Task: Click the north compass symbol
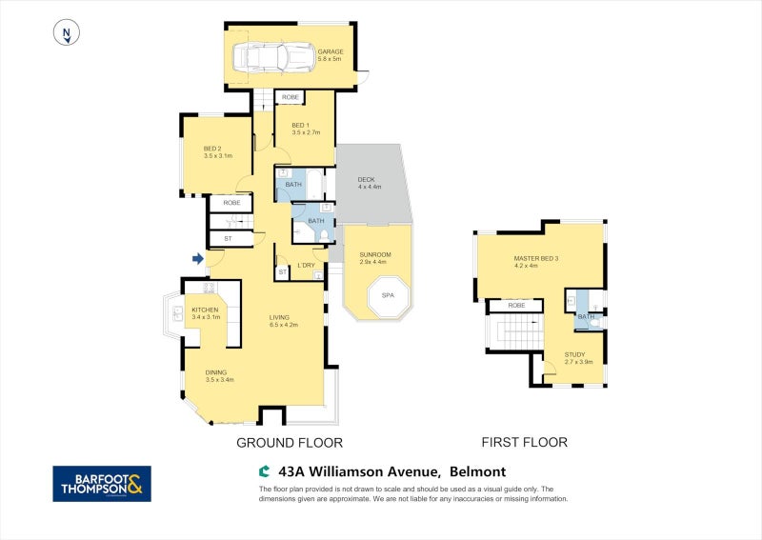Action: [65, 33]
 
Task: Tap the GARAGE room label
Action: [330, 52]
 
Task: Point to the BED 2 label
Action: [212, 149]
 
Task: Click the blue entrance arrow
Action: [198, 258]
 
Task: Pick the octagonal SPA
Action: [388, 295]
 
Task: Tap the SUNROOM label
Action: [374, 255]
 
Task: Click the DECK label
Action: [367, 180]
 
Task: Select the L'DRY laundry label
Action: [306, 265]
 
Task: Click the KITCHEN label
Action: [206, 310]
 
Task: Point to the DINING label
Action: [219, 373]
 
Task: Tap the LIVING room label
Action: [279, 317]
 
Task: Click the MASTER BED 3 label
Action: [536, 259]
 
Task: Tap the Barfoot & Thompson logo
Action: [101, 483]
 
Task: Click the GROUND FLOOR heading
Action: [289, 442]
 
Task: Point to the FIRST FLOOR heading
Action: [524, 442]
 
